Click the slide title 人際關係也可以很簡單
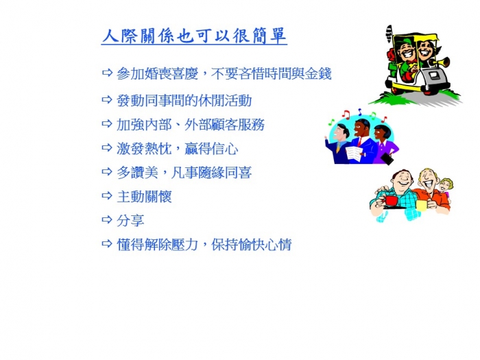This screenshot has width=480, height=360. [x=194, y=36]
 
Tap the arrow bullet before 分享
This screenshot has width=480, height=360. [x=107, y=219]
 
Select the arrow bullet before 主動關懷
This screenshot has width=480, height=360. [x=107, y=195]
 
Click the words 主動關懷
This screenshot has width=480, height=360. [x=144, y=196]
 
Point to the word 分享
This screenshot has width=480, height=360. [x=130, y=220]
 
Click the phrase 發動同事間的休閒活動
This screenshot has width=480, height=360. [x=184, y=100]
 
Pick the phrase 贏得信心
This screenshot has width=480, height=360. [x=211, y=149]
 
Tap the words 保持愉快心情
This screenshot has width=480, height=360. [x=252, y=244]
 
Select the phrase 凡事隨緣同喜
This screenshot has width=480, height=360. [x=211, y=173]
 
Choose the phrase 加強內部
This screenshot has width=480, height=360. [x=144, y=125]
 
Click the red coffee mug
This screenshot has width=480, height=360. [x=391, y=201]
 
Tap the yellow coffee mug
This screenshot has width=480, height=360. [x=422, y=205]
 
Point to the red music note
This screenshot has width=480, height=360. [x=346, y=114]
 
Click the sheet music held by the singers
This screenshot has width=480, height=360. [x=355, y=154]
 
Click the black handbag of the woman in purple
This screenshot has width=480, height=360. [x=387, y=158]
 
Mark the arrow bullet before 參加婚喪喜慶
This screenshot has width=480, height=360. [x=107, y=73]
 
